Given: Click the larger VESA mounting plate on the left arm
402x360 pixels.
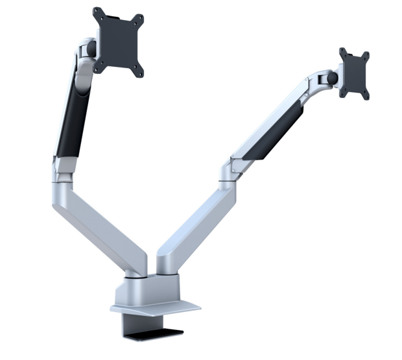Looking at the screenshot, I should pyautogui.click(x=119, y=41).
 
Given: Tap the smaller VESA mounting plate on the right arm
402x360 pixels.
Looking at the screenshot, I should pyautogui.click(x=353, y=73).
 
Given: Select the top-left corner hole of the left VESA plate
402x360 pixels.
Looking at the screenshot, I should pyautogui.click(x=97, y=11).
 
